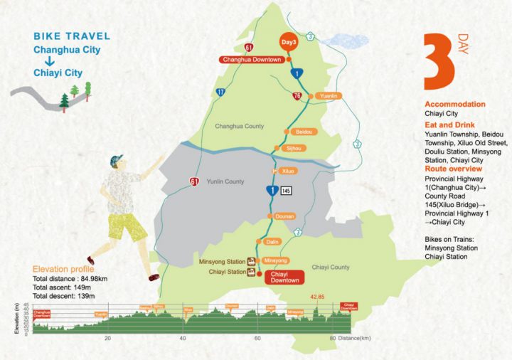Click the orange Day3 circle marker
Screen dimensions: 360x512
(289, 43)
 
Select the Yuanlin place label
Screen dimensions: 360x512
(328, 95)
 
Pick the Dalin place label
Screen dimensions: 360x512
(272, 243)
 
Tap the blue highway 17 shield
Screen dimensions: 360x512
(221, 92)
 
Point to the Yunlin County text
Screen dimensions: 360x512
(225, 182)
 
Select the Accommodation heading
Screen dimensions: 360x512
(455, 104)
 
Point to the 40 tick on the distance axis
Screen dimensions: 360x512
(183, 338)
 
